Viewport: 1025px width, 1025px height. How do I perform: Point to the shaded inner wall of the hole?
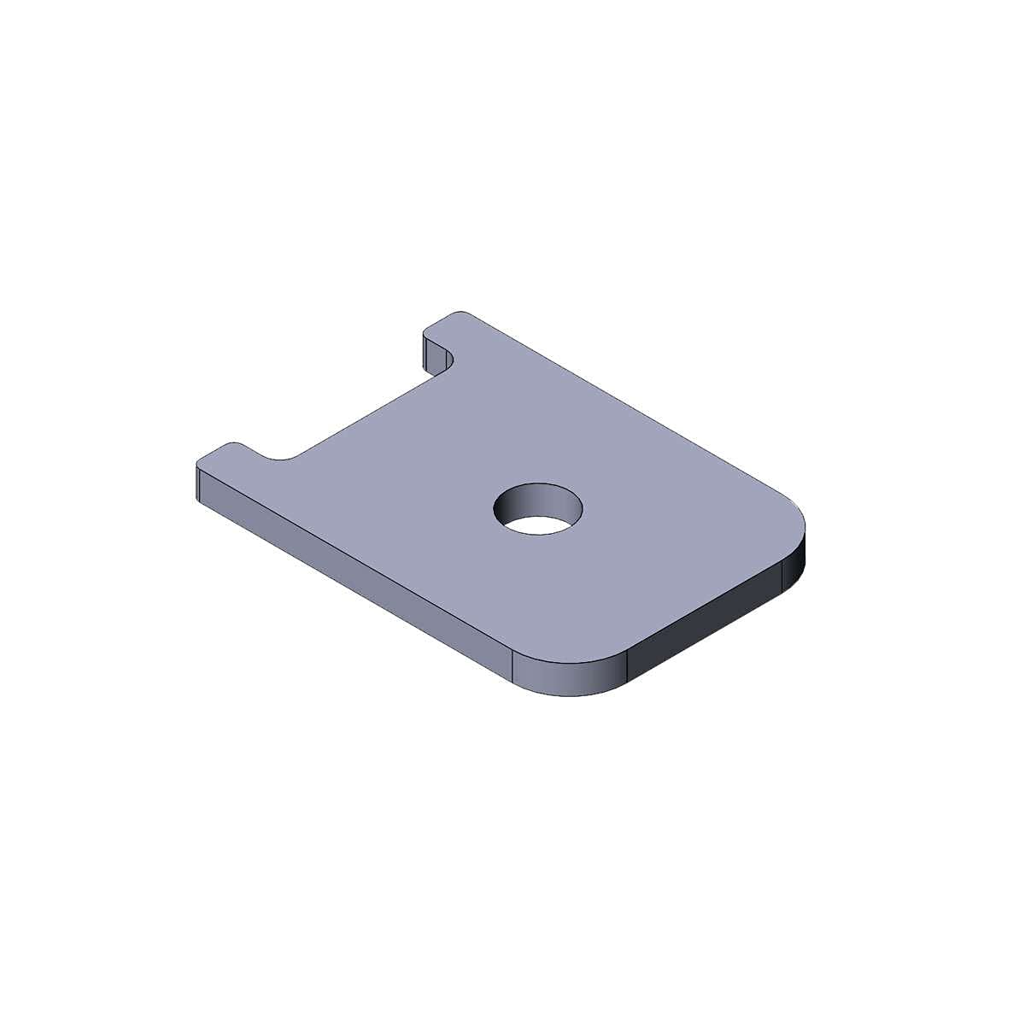[x=539, y=498]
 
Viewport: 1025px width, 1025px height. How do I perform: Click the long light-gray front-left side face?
[x=359, y=581]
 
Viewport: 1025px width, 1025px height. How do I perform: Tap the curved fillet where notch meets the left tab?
[x=282, y=459]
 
